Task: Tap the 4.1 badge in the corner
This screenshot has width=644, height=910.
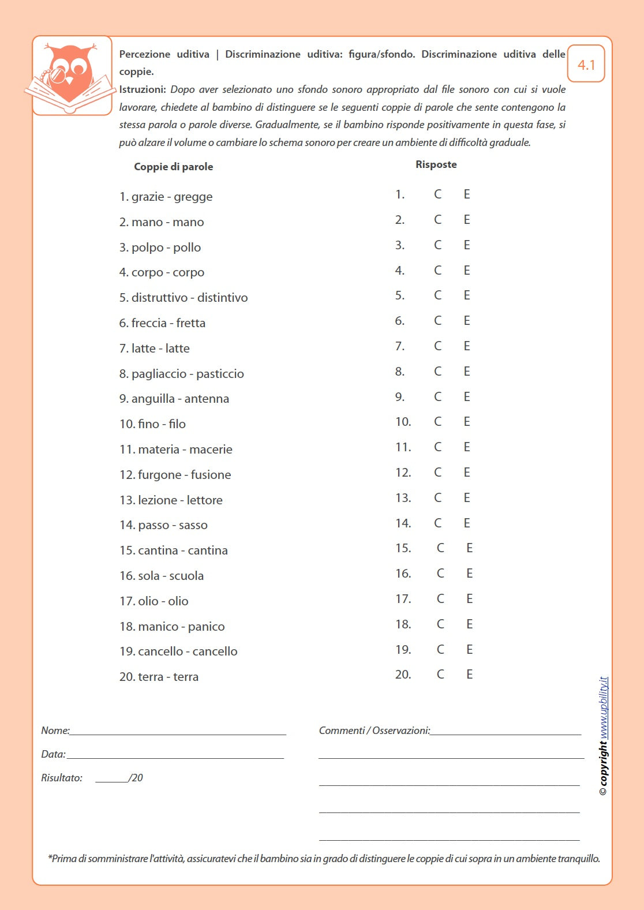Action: [586, 65]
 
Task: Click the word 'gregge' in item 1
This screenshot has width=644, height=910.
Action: [193, 197]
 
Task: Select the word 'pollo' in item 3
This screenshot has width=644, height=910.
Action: [187, 248]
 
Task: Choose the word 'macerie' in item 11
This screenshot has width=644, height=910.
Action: [211, 450]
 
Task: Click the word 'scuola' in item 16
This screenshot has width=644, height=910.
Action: [186, 576]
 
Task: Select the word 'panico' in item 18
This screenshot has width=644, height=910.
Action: [206, 627]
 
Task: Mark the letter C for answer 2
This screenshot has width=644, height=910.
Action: [438, 220]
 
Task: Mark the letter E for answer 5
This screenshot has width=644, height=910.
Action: [467, 295]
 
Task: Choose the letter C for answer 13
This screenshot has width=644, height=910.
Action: [438, 498]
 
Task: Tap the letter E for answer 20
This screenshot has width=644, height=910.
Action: [470, 675]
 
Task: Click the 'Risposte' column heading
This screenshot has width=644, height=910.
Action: [436, 164]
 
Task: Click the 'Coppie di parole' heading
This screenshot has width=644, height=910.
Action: [173, 167]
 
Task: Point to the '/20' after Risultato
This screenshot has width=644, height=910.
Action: [136, 778]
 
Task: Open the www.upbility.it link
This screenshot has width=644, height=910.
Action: [604, 707]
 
